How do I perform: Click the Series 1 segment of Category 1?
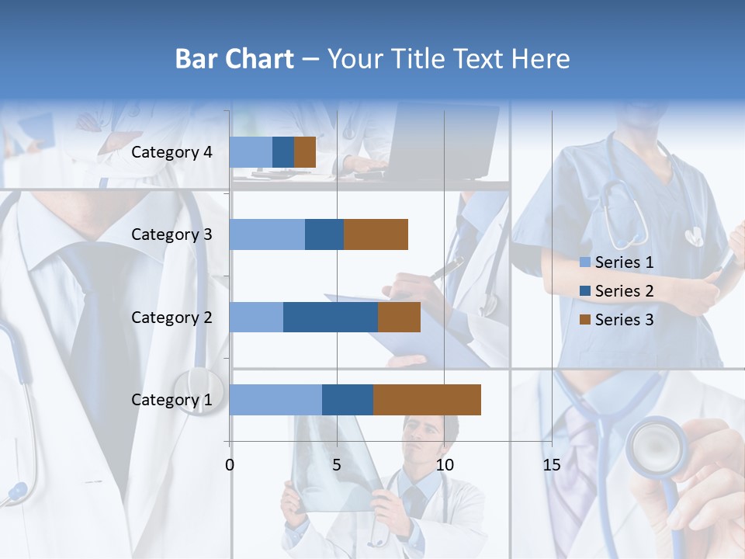coord(275,400)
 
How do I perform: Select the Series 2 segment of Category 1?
coord(348,400)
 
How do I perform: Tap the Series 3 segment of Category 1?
coord(427,400)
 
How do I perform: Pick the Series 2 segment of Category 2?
coord(331,317)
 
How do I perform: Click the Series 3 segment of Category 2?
coord(399,317)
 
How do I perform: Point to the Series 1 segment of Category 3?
coord(267,234)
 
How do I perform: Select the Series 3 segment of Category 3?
coord(376,234)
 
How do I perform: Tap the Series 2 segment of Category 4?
coord(283,152)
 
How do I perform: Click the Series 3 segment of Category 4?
coord(305,152)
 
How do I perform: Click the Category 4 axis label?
coord(172,152)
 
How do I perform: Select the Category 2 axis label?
coord(172,317)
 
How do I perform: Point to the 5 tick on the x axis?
coord(337,465)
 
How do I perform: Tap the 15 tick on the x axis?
coord(552,465)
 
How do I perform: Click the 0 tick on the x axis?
coord(230,465)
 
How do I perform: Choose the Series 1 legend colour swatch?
coord(585,262)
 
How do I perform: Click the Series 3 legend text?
coord(624,320)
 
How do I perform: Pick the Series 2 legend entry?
coord(617,291)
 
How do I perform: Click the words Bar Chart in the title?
coord(234,59)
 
